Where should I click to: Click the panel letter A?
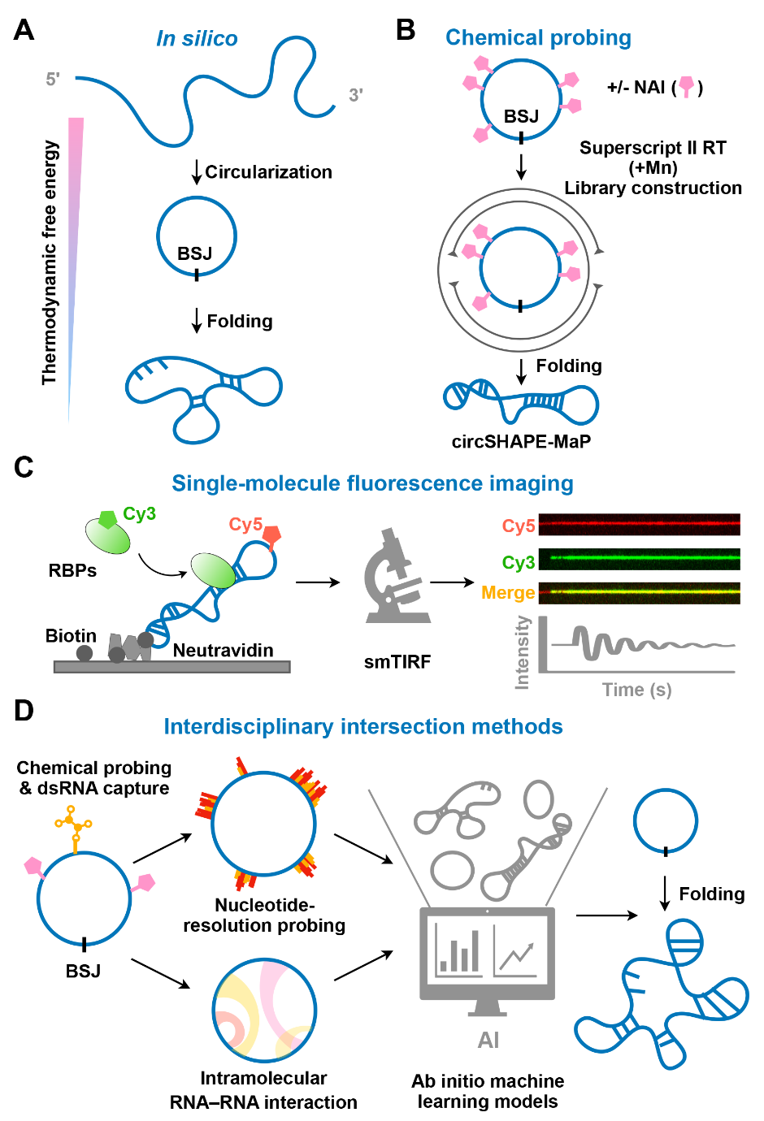tap(24, 30)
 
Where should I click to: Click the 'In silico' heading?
tap(197, 38)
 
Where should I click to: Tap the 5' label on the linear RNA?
tap(53, 79)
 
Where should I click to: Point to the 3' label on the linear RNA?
tap(355, 95)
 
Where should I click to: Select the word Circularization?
tap(268, 172)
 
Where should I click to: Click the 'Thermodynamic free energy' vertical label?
tap(50, 262)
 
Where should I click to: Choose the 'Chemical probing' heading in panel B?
tap(538, 37)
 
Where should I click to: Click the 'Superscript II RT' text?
tap(653, 148)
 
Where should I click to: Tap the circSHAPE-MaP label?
tap(521, 441)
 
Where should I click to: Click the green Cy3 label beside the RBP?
tap(139, 514)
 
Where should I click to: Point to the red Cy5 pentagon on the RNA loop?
tap(271, 535)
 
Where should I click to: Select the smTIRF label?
tap(397, 661)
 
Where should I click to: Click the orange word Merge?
tap(508, 593)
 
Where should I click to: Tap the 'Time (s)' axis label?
tap(636, 690)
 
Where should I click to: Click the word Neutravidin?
tap(223, 650)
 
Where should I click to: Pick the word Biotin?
tap(71, 635)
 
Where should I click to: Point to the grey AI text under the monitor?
tap(488, 1040)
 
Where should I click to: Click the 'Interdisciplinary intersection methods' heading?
tap(363, 726)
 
